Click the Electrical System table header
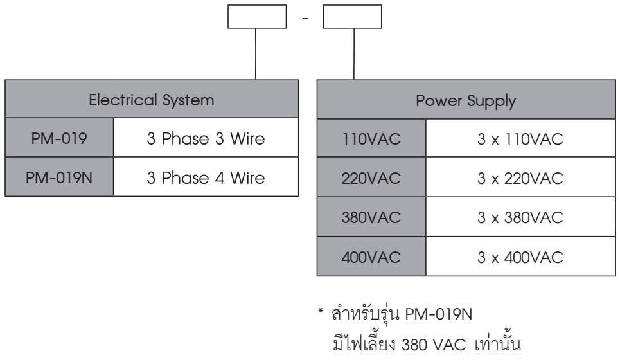click(x=152, y=99)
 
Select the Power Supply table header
click(x=466, y=99)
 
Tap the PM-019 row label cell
click(x=59, y=138)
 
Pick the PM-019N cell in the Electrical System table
click(x=59, y=177)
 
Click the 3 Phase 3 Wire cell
click(x=206, y=138)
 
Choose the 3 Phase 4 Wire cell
click(x=206, y=177)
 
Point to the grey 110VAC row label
click(x=371, y=138)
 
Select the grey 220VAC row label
click(x=371, y=177)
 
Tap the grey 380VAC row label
click(x=371, y=217)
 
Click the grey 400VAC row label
click(x=371, y=256)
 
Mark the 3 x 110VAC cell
click(x=521, y=138)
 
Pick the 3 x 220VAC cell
click(x=521, y=177)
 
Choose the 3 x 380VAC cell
click(x=521, y=217)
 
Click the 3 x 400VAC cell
click(x=521, y=256)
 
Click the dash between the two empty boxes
click(x=305, y=18)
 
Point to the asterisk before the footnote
click(x=321, y=310)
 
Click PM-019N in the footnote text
click(x=439, y=314)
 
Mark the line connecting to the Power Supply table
click(x=354, y=54)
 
